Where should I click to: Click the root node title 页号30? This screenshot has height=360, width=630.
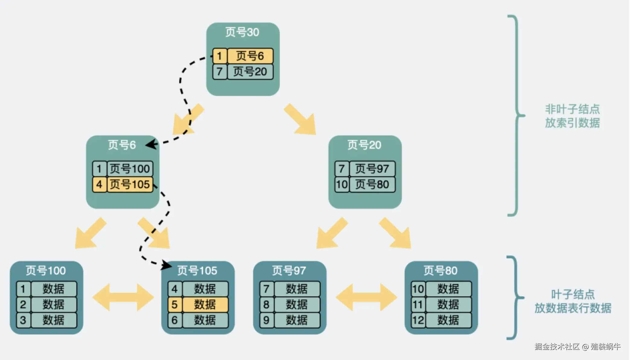pos(242,32)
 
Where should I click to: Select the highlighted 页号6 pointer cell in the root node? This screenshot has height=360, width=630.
pos(250,56)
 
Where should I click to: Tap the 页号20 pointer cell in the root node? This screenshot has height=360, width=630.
pos(250,72)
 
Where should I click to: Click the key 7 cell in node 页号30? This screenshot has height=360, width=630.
pos(220,72)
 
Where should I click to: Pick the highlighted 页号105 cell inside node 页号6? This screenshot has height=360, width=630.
pos(130,185)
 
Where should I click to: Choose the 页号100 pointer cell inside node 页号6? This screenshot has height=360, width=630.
pos(130,169)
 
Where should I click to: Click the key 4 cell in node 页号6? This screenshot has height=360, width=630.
pos(99,185)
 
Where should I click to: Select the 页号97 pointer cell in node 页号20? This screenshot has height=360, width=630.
pos(372,169)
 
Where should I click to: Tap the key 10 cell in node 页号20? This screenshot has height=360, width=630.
pos(342,185)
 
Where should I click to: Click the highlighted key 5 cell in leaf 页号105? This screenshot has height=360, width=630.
pos(175,305)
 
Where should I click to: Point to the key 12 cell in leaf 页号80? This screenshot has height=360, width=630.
pos(418,320)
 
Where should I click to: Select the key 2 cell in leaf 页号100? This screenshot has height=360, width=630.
pos(23,305)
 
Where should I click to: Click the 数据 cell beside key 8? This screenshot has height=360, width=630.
pos(297,305)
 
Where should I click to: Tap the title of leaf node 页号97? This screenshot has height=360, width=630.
pos(289,271)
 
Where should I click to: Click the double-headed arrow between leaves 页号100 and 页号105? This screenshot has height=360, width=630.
pos(123,297)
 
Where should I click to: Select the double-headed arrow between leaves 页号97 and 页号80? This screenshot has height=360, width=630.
pos(366,297)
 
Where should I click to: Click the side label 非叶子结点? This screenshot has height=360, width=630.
pos(572,109)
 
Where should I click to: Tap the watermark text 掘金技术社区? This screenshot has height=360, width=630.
pos(557,347)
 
